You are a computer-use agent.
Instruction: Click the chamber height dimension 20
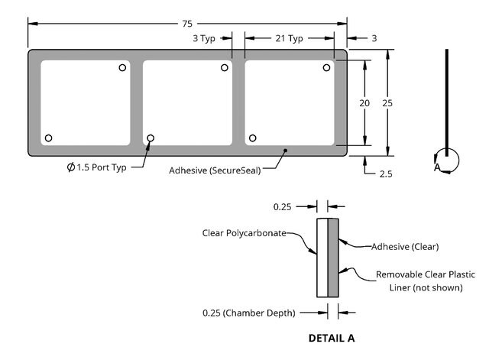tap(365, 102)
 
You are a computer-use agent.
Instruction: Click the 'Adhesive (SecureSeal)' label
tap(215, 170)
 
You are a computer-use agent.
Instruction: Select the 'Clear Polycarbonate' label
tap(244, 232)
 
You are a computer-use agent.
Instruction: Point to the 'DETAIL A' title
tap(332, 337)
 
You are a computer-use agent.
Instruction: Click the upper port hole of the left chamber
tap(122, 68)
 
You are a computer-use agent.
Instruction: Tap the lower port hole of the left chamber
tap(49, 138)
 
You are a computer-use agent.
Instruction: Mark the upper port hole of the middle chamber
tap(225, 68)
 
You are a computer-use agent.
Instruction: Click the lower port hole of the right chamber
tap(253, 138)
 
